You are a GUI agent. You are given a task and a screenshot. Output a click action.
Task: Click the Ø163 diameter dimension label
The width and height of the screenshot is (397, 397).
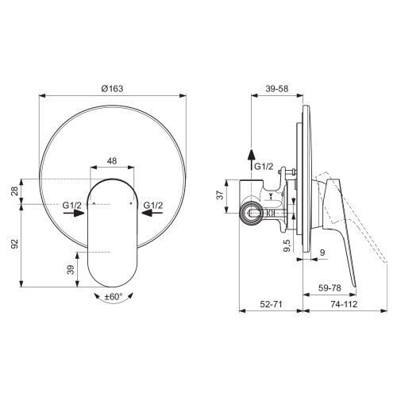pos(112,88)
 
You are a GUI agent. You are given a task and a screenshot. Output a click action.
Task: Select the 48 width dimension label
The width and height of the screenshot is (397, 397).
pos(112,160)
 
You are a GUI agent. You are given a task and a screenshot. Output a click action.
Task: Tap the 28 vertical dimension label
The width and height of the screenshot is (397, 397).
pos(14,191)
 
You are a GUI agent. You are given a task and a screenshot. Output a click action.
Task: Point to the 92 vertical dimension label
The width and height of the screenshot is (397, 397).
pos(14,244)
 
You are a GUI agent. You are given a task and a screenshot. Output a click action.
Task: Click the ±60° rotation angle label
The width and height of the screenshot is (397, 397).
pos(114,296)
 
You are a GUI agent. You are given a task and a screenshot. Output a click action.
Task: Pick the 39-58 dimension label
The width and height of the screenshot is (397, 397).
pos(277,88)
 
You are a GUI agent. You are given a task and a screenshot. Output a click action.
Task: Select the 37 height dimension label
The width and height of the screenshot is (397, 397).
pos(220,195)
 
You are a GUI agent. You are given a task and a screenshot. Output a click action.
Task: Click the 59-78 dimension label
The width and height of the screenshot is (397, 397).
pos(330,287)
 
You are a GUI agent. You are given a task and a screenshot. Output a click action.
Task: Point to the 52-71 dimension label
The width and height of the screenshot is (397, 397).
pos(271,304)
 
